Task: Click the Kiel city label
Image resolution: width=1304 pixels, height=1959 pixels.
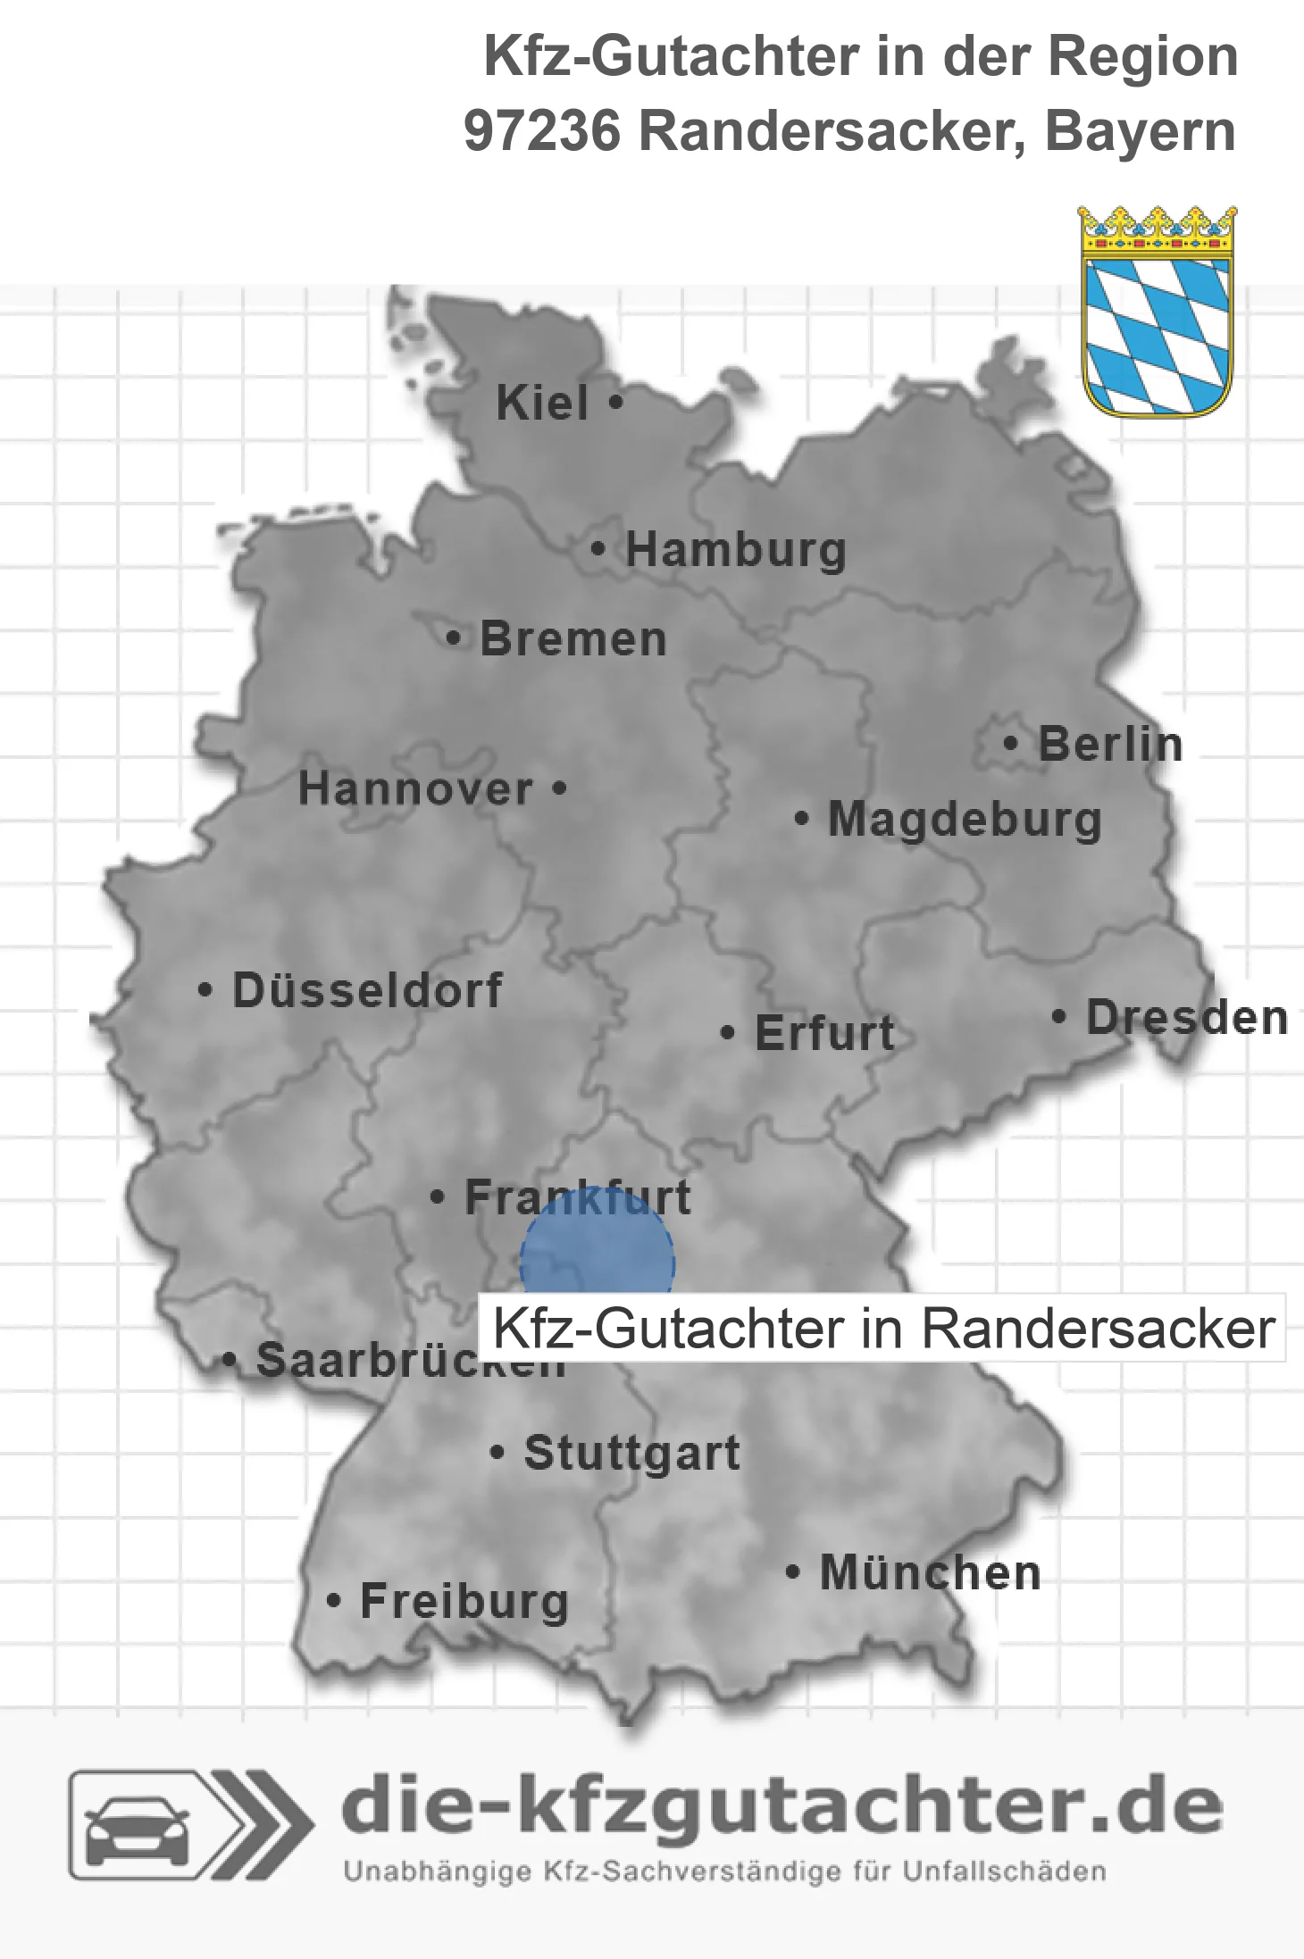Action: [x=542, y=404]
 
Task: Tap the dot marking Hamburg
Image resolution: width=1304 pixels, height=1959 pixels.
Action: [x=598, y=549]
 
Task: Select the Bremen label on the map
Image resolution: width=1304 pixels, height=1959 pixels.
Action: [x=573, y=639]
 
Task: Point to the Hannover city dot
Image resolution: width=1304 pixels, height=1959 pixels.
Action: [x=560, y=788]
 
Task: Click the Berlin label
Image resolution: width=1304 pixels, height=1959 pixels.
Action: [x=1110, y=745]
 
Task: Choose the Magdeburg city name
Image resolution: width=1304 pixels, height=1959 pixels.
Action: [x=965, y=820]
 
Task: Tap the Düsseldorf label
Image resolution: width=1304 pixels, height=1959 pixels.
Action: [x=367, y=990]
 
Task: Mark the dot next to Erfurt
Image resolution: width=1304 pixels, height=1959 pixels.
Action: [x=727, y=1033]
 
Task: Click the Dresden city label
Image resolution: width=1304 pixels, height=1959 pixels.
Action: [x=1187, y=1018]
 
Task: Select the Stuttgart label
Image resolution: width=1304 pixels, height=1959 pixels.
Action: [x=631, y=1453]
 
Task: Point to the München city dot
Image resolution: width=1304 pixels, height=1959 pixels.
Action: [x=791, y=1572]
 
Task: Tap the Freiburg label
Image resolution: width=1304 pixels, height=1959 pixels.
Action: [x=464, y=1602]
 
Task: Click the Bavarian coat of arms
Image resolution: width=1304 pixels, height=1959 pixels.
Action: [x=1157, y=313]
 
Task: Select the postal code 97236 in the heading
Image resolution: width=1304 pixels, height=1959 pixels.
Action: [x=541, y=131]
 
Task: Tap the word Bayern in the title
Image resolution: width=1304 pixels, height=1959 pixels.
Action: [x=1140, y=131]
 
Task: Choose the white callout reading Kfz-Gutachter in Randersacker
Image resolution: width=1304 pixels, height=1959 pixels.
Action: [x=882, y=1329]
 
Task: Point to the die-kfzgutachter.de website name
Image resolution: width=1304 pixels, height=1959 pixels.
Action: [x=782, y=1806]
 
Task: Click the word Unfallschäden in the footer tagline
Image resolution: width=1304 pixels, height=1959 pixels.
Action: [x=1005, y=1871]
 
